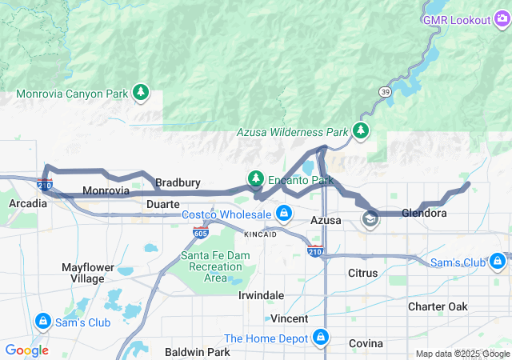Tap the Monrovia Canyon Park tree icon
coord(141,94)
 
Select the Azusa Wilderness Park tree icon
coord(362,130)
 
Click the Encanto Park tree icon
coord(256,178)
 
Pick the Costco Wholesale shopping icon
coord(283,214)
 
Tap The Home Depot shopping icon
coord(321,338)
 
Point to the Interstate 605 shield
coord(201,233)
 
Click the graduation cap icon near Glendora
coord(370,218)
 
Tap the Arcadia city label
coord(28,203)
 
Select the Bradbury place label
coord(178,182)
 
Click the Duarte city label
coord(163,204)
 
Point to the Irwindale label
coord(261,295)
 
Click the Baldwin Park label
coord(197,352)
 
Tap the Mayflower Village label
coord(87,273)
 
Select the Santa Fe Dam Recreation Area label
coord(215,266)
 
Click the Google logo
coord(27,350)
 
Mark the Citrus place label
coord(368,273)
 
